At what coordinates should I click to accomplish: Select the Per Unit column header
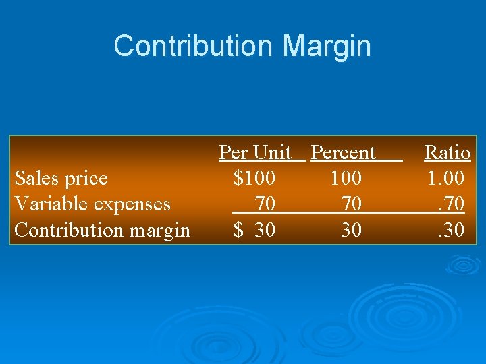[x=255, y=153]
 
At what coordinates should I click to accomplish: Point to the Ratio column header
[x=447, y=153]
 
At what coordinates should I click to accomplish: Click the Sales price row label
[x=61, y=179]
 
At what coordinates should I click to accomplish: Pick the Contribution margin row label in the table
[x=102, y=230]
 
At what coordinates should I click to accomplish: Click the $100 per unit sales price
[x=254, y=179]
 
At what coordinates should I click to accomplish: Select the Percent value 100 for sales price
[x=346, y=179]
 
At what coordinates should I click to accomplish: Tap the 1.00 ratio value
[x=446, y=179]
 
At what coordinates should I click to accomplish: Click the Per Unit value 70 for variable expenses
[x=265, y=204]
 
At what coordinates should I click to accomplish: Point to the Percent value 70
[x=351, y=204]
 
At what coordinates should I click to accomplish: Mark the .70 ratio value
[x=451, y=204]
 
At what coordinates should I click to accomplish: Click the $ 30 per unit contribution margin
[x=254, y=230]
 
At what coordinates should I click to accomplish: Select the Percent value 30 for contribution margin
[x=351, y=230]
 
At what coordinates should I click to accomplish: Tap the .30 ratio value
[x=451, y=230]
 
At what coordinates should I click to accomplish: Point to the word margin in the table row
[x=160, y=230]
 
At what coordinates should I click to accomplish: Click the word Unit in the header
[x=273, y=153]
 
